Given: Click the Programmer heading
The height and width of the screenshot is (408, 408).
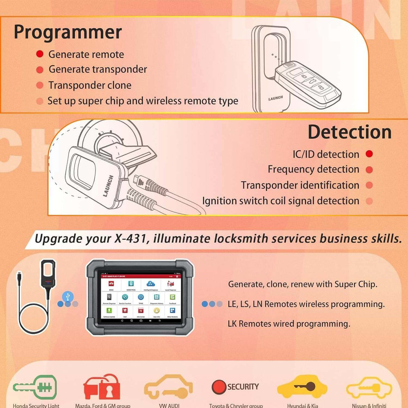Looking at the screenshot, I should click(68, 32).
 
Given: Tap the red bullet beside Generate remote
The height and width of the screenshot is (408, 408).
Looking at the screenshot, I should click(40, 54).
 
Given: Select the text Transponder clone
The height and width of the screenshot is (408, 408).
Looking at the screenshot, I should click(90, 85).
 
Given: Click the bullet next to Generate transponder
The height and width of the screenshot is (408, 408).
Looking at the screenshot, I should click(40, 70).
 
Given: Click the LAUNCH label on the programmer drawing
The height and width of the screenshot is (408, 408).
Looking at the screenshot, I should click(275, 98).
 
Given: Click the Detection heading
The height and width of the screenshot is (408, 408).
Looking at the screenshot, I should click(350, 132).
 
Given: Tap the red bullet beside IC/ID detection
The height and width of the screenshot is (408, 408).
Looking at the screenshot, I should click(369, 154).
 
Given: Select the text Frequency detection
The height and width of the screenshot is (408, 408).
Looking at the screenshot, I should click(313, 169).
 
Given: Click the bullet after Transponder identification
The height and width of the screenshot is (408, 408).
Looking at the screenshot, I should click(369, 185).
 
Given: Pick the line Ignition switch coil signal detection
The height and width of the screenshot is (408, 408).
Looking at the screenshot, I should click(280, 201).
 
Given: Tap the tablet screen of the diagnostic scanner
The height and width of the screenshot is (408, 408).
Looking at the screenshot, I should click(140, 296).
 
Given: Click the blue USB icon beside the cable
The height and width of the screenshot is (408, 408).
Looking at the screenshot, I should click(68, 296).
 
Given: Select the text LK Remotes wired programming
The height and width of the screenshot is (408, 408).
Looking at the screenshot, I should click(289, 324).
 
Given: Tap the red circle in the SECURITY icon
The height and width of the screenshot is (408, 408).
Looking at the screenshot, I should click(219, 387).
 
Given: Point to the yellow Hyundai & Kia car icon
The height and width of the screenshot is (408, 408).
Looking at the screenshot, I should click(302, 387).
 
